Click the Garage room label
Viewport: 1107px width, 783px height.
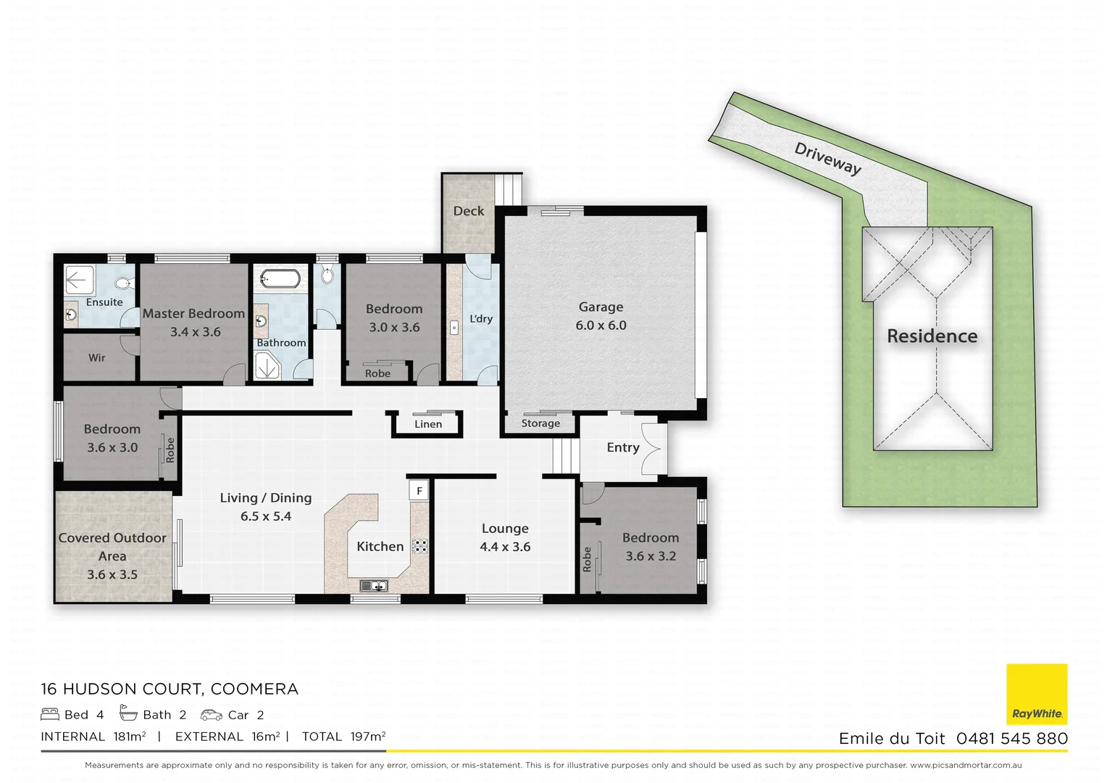pyautogui.click(x=601, y=307)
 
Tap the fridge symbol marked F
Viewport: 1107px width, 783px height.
pyautogui.click(x=419, y=491)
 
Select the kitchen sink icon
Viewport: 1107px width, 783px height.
pyautogui.click(x=374, y=586)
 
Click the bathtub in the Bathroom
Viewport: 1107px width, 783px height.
pyautogui.click(x=280, y=278)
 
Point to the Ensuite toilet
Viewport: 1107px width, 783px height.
pyautogui.click(x=123, y=283)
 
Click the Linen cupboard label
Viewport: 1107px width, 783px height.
pyautogui.click(x=428, y=424)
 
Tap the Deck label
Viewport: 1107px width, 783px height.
pyautogui.click(x=469, y=211)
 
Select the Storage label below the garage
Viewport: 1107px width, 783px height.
pyautogui.click(x=540, y=423)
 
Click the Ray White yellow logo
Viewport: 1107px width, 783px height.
pyautogui.click(x=1037, y=694)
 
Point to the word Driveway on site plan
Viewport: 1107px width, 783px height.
pyautogui.click(x=828, y=159)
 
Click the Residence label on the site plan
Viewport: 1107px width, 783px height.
pyautogui.click(x=932, y=336)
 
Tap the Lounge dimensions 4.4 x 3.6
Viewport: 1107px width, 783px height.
pyautogui.click(x=505, y=547)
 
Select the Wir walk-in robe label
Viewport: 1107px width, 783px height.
pyautogui.click(x=97, y=358)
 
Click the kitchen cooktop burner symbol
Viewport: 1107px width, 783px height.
pyautogui.click(x=420, y=546)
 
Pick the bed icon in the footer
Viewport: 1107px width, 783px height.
pyautogui.click(x=50, y=714)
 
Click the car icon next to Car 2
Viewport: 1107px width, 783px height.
pyautogui.click(x=212, y=715)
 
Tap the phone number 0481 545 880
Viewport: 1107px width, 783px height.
pyautogui.click(x=1011, y=739)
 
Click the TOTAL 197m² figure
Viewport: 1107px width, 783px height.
pyautogui.click(x=343, y=737)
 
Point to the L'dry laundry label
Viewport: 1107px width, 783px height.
pyautogui.click(x=481, y=319)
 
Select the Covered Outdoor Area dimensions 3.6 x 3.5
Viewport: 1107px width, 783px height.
pyautogui.click(x=112, y=575)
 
